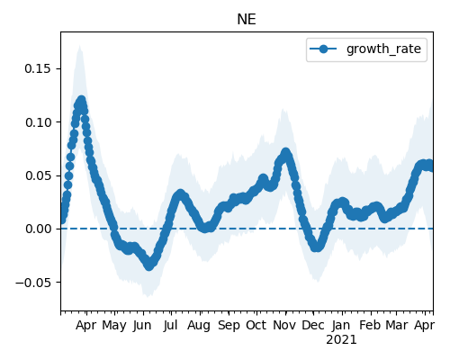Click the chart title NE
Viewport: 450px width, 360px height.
(x=247, y=20)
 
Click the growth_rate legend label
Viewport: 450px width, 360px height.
(x=383, y=49)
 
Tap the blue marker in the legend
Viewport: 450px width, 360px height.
(x=323, y=49)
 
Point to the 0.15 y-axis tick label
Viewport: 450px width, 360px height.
(x=38, y=68)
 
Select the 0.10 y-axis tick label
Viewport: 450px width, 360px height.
(x=38, y=122)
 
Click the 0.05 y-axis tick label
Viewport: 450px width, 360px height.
(x=38, y=175)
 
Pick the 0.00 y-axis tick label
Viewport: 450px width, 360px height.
(x=38, y=229)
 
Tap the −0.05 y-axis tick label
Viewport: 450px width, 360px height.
(x=33, y=283)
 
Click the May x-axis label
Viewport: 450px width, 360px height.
(x=114, y=326)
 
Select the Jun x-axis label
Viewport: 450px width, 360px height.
(x=142, y=325)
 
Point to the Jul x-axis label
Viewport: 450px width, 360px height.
(x=170, y=325)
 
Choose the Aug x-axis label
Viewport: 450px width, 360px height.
(x=199, y=326)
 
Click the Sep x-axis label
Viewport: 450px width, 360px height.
(x=229, y=326)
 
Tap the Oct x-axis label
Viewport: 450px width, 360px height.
(x=256, y=325)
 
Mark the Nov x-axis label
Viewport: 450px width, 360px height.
(x=284, y=325)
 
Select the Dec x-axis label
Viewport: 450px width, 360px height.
(x=313, y=325)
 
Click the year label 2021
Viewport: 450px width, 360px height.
(x=341, y=340)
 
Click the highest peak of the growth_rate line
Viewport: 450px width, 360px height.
(x=81, y=100)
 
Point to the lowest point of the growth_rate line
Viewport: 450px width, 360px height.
(x=149, y=265)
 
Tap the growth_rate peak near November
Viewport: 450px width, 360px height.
(x=285, y=152)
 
